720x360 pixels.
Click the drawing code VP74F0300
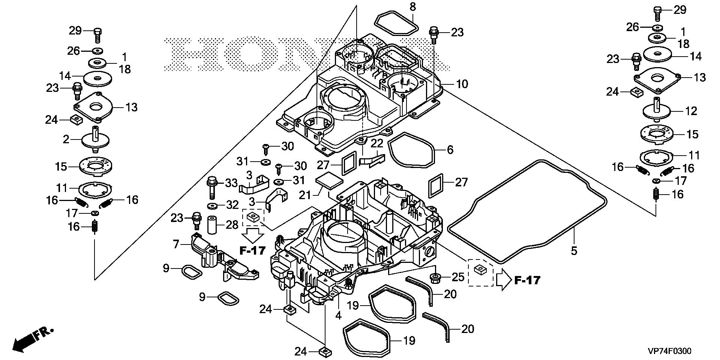click(x=669, y=351)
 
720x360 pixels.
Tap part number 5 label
click(x=574, y=250)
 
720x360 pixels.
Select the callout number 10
click(x=462, y=84)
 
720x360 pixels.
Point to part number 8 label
click(x=412, y=7)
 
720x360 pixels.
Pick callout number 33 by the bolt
click(x=231, y=183)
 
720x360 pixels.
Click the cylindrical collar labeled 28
click(x=213, y=225)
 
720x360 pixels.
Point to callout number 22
click(x=377, y=143)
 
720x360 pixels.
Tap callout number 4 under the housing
click(x=338, y=315)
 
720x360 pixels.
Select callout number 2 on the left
click(x=66, y=140)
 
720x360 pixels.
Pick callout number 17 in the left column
click(x=71, y=213)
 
